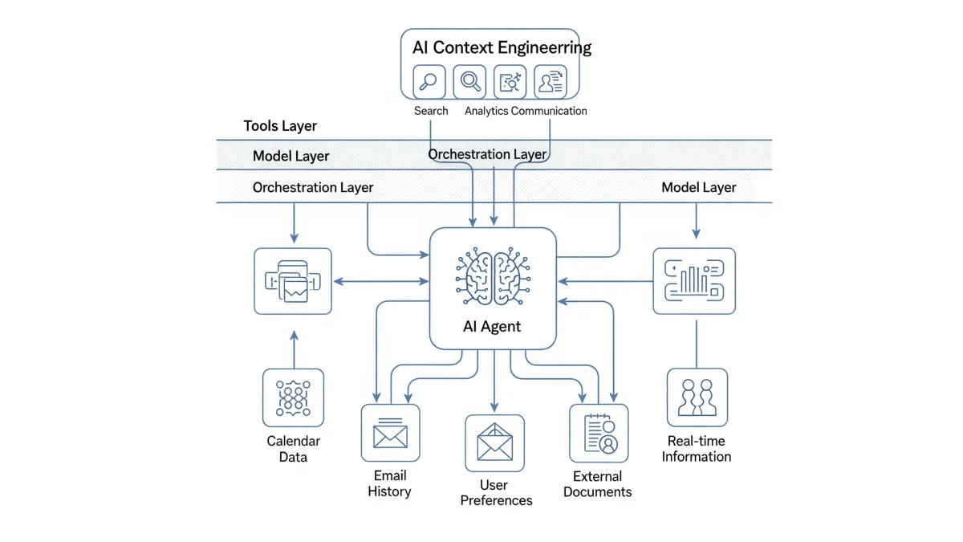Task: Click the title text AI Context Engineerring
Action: click(502, 47)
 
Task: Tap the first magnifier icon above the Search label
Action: click(429, 82)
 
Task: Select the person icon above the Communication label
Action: click(551, 82)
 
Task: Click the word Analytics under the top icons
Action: click(486, 111)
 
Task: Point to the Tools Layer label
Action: click(280, 126)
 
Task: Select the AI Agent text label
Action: click(492, 326)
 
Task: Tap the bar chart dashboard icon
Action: click(694, 280)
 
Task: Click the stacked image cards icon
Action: click(293, 281)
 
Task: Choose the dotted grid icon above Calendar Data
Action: click(293, 397)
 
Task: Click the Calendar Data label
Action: click(293, 449)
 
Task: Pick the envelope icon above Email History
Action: click(390, 433)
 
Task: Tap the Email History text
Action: click(389, 483)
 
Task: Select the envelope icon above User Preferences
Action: click(494, 442)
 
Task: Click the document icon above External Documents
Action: click(599, 433)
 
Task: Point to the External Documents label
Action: click(598, 483)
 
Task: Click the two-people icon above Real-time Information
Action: click(697, 397)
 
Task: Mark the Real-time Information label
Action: click(696, 449)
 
